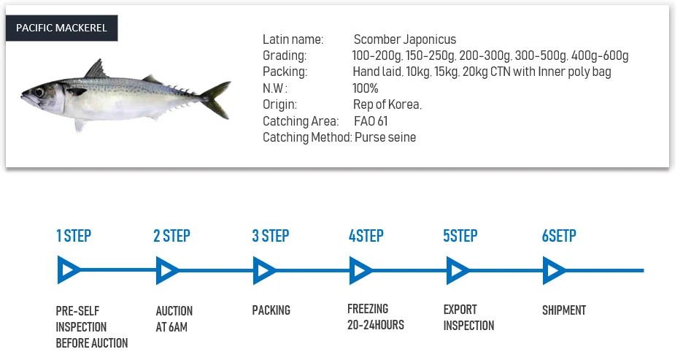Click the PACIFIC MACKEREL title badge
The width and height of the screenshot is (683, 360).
pos(61,28)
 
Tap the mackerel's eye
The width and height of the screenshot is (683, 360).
pos(38,93)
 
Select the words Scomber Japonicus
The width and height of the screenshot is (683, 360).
pos(404,39)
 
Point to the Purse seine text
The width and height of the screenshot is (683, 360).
pos(385,137)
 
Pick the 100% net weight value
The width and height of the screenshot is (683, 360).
pos(365,88)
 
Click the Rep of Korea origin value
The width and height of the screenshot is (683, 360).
pos(387,104)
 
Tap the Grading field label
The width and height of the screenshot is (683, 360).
pos(285,55)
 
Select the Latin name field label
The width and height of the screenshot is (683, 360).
pos(293,39)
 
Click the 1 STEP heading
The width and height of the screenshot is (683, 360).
pos(74,236)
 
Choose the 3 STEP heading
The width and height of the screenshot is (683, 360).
pos(271,236)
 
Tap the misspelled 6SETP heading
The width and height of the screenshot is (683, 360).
pos(559,236)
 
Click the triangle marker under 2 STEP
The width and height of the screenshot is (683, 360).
pos(167,270)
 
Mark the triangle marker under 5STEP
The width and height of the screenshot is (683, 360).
pos(458,270)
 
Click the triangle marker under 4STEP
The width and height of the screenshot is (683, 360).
pos(360,270)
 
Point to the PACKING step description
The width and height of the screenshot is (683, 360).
pos(271,310)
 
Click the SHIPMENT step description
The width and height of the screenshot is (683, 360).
pos(563,310)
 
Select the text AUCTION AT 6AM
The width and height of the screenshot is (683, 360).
pos(174,319)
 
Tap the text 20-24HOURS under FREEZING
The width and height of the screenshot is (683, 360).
pos(375,325)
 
